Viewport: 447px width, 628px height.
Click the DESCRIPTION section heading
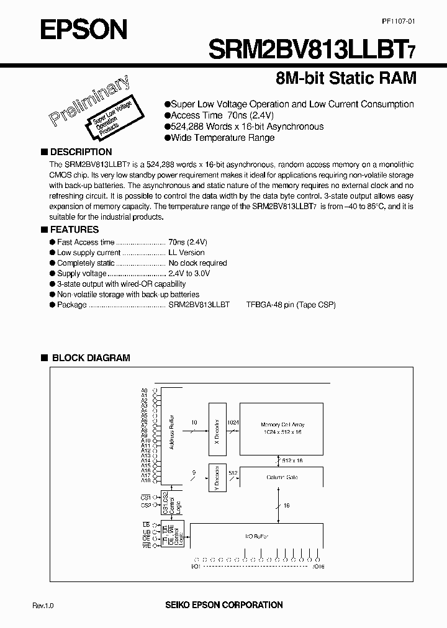[81, 152]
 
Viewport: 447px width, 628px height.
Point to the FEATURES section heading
[74, 230]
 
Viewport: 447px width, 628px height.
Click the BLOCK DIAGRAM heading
[91, 358]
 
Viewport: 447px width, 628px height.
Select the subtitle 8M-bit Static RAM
[345, 79]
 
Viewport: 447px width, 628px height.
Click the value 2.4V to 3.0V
[189, 273]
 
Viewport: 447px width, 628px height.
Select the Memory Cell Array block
[281, 427]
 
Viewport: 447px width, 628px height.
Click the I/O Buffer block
[256, 534]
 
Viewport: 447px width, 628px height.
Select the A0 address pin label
[144, 391]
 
